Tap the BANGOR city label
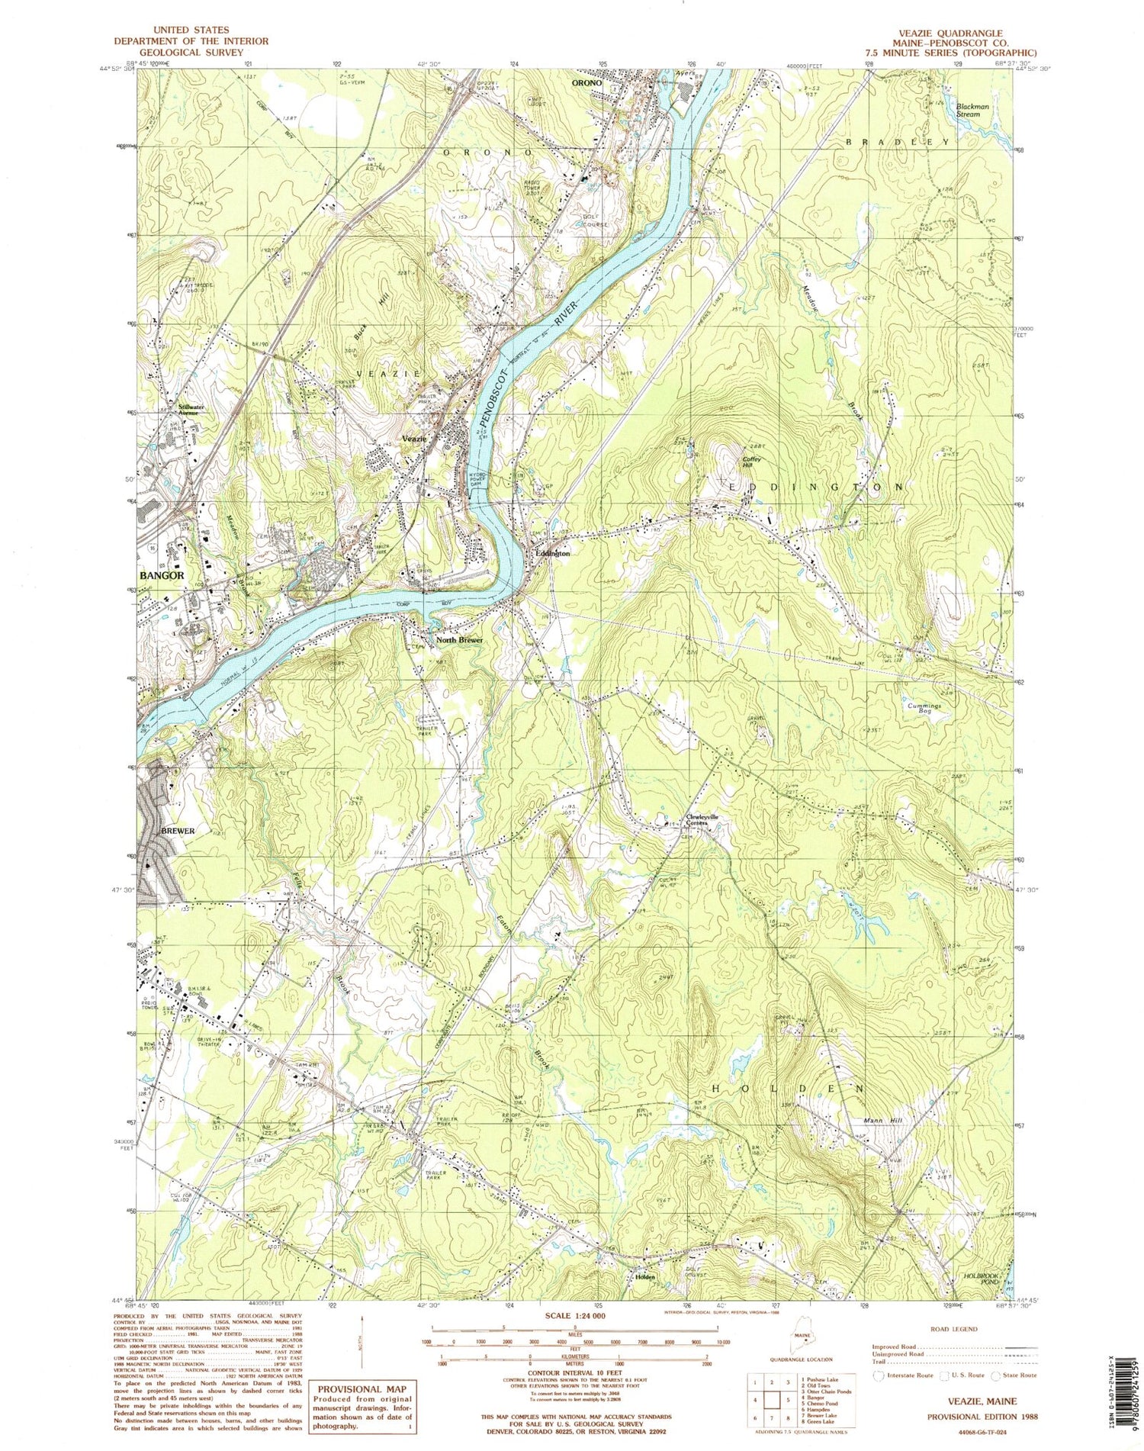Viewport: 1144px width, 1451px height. coord(161,575)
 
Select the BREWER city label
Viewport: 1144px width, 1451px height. coord(178,830)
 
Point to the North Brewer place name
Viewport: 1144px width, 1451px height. coord(460,639)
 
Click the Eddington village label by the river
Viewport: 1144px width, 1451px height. coord(552,554)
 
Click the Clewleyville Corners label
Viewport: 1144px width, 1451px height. coord(702,820)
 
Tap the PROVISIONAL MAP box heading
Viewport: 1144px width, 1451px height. coord(362,1389)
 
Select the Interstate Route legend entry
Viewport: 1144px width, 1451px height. coord(905,1375)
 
